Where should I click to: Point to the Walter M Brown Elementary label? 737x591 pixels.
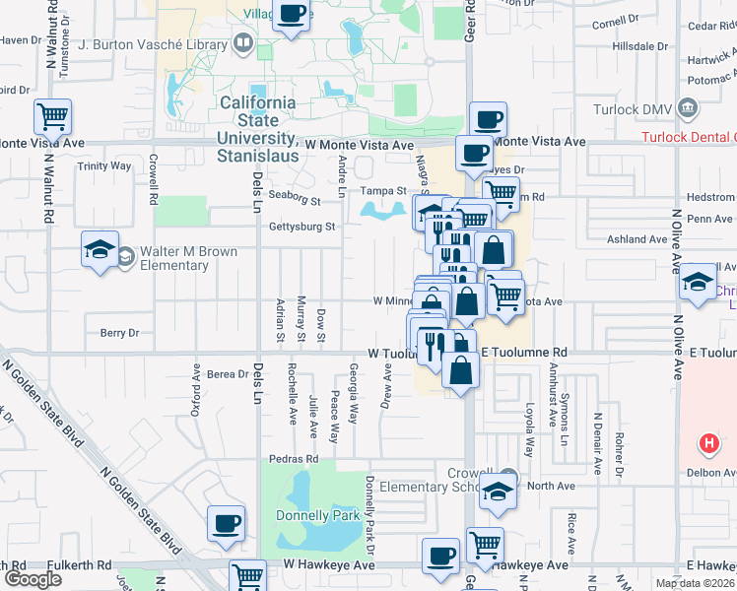[188, 258]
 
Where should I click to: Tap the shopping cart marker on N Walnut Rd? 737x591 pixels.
[52, 118]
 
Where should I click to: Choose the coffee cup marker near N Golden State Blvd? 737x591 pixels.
[227, 523]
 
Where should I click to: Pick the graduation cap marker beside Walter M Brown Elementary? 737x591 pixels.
[100, 250]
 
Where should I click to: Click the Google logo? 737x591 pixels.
[33, 579]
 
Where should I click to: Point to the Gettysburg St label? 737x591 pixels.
[302, 227]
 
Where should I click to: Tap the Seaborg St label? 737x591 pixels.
[295, 201]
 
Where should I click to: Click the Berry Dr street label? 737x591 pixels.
[120, 333]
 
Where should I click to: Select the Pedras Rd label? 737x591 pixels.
[294, 459]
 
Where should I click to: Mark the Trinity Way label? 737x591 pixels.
[104, 166]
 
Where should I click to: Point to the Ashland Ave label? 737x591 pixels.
[637, 239]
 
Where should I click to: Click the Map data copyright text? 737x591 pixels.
[695, 583]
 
